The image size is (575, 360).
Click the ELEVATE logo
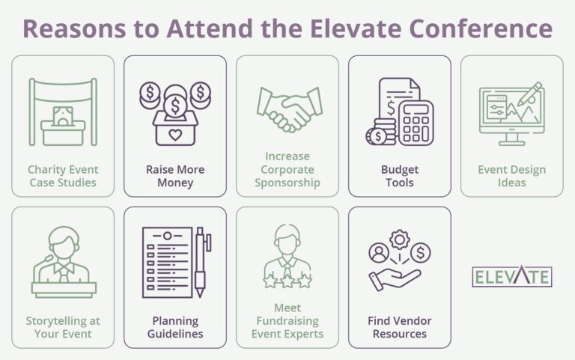pos(512,276)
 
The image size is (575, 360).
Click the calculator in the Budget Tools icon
pos(415,122)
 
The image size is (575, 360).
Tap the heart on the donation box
pos(174,134)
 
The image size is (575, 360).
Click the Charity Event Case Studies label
pos(63,176)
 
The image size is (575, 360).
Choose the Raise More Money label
pos(174,176)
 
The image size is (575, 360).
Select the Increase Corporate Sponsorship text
pos(287,169)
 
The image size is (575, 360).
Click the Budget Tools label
pos(399,176)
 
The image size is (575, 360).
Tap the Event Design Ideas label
pos(511,176)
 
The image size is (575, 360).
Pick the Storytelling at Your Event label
pos(63,327)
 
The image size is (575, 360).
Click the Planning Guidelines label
pos(174,327)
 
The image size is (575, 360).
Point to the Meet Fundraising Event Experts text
pos(287,320)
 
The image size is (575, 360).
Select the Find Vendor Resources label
pos(399,327)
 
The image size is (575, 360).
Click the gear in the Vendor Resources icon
pos(401,241)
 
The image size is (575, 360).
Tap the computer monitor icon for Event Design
pos(511,115)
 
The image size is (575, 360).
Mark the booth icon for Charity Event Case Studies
pos(63,112)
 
